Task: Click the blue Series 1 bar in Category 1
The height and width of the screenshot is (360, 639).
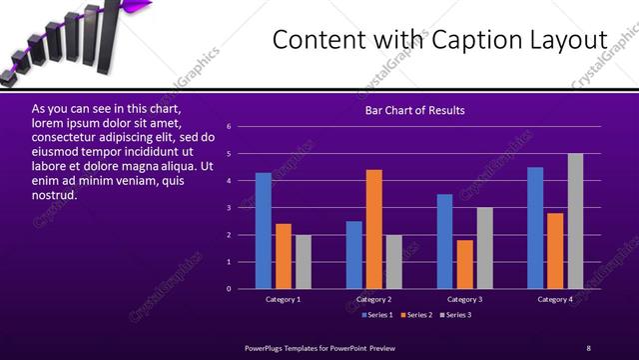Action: coord(263,231)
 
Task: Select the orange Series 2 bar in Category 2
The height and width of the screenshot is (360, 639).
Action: coord(374,229)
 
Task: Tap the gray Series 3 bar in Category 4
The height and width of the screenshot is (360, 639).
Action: coord(575,221)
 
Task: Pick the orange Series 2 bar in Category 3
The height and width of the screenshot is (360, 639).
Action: coord(465,264)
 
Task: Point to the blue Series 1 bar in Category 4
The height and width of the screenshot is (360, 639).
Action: coord(535,228)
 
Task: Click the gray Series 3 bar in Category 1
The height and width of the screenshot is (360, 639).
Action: coord(304,262)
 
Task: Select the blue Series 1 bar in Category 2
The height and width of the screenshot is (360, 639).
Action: coord(354,255)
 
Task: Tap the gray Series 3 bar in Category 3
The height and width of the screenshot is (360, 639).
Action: coord(485,248)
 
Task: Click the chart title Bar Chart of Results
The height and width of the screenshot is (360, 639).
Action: coord(414,110)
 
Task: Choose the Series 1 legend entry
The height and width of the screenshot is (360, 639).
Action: coord(376,315)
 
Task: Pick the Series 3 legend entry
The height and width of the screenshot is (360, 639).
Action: coord(457,315)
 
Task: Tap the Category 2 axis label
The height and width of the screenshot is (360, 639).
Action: coord(373,299)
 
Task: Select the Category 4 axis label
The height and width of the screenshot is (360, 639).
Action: coord(555,299)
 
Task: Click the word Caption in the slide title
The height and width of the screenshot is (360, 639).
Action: coord(462,40)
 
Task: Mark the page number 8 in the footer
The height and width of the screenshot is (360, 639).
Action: coord(588,347)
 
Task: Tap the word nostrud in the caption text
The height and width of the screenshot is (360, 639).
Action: coord(54,194)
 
